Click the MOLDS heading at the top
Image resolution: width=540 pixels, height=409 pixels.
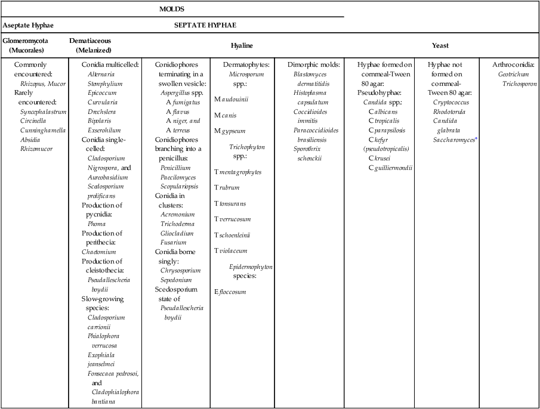(x=172, y=9)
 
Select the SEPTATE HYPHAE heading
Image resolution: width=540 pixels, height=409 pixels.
(x=205, y=25)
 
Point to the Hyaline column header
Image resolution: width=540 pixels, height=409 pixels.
(x=242, y=45)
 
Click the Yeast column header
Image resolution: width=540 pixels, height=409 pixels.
(x=440, y=45)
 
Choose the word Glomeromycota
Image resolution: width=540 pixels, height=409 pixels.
(x=26, y=41)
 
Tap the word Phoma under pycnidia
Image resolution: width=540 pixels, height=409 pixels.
(x=97, y=224)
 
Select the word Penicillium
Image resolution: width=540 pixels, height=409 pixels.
(x=175, y=168)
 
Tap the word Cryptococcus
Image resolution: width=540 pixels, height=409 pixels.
(x=451, y=102)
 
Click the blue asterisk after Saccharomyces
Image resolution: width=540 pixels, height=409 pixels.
(x=476, y=138)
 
